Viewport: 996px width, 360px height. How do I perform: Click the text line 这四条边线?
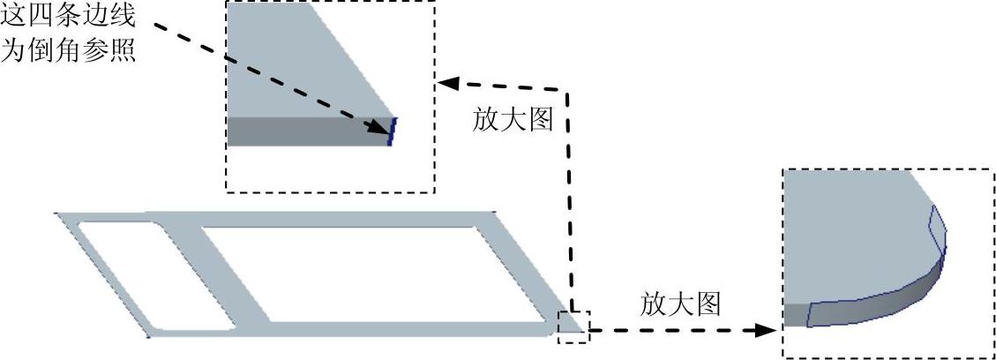pyautogui.click(x=70, y=17)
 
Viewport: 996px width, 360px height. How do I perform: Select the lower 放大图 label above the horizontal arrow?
pyautogui.click(x=680, y=304)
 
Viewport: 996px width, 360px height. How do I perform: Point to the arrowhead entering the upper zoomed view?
pyautogui.click(x=448, y=84)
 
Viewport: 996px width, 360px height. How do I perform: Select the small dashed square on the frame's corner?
pyautogui.click(x=573, y=325)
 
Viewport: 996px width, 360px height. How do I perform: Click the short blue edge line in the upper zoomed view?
pyautogui.click(x=391, y=131)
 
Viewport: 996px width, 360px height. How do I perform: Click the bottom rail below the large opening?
pyautogui.click(x=397, y=328)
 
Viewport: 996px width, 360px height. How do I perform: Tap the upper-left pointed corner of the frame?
pyautogui.click(x=60, y=214)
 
